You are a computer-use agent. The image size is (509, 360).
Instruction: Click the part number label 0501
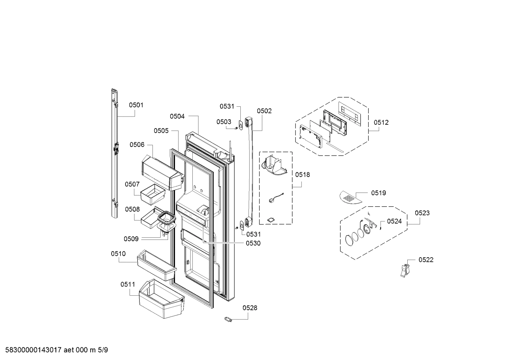[136, 105]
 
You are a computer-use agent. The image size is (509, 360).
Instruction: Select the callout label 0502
[264, 111]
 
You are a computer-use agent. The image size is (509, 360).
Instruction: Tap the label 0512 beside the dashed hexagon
[381, 123]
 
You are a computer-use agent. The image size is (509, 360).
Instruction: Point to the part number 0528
[250, 308]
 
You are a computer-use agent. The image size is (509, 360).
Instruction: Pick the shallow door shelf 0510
[157, 265]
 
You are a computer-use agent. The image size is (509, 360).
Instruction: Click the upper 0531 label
[227, 106]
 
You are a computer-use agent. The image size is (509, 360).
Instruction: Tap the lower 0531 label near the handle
[253, 234]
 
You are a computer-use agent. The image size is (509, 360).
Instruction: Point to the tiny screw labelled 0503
[235, 128]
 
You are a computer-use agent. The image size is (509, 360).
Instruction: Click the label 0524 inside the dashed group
[394, 222]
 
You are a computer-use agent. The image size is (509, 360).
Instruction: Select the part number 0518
[303, 175]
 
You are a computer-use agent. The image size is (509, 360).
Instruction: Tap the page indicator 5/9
[103, 350]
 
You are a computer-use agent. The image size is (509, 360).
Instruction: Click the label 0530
[253, 243]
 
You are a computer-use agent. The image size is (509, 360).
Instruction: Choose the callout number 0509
[131, 239]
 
